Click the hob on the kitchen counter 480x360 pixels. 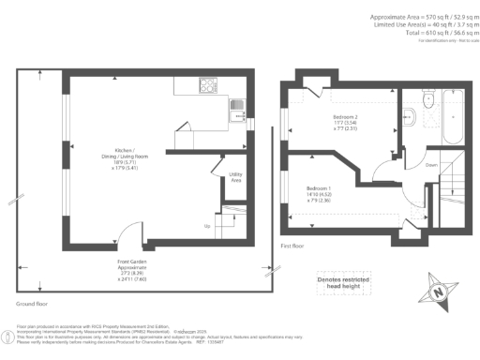[208, 87]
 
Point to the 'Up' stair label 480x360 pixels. [206, 226]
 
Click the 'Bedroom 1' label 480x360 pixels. [318, 190]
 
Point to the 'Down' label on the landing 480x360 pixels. [431, 167]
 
